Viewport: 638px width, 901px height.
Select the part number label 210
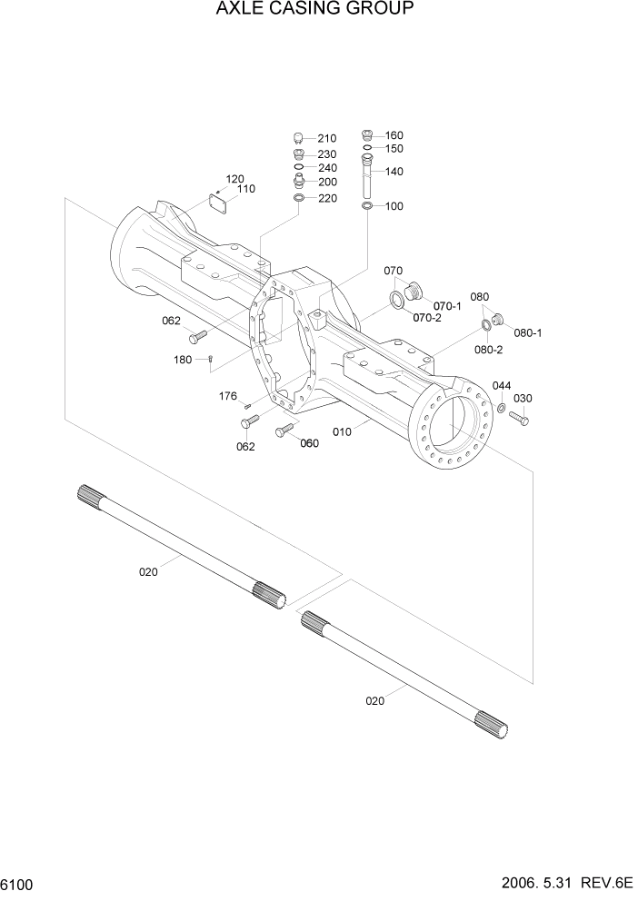click(326, 139)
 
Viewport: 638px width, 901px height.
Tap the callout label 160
click(394, 135)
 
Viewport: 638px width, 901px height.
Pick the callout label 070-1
click(448, 306)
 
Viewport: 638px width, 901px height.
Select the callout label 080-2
click(488, 350)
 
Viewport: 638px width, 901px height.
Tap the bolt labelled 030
click(518, 419)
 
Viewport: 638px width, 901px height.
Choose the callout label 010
click(342, 431)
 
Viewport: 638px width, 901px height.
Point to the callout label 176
click(228, 396)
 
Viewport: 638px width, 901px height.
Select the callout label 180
click(183, 360)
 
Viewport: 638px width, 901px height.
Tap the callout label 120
click(235, 178)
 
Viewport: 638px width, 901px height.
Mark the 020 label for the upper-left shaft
click(148, 571)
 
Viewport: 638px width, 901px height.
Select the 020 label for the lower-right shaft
click(375, 699)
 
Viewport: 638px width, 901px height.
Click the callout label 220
click(326, 198)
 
